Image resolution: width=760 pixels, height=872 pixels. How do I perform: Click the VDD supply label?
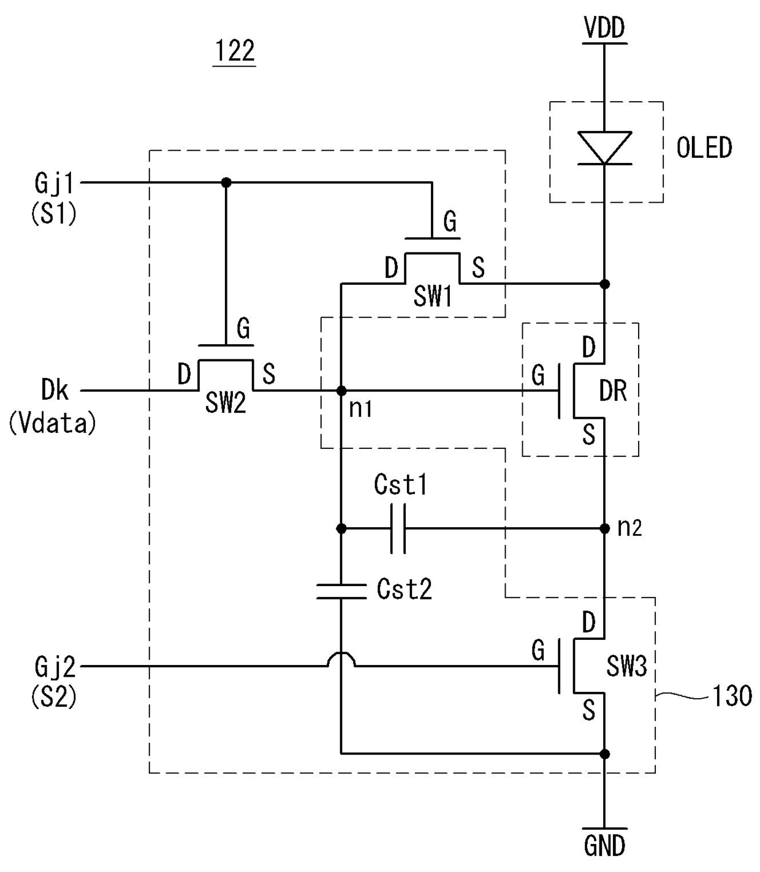pyautogui.click(x=604, y=28)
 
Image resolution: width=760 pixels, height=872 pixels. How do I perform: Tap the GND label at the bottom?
pyautogui.click(x=604, y=846)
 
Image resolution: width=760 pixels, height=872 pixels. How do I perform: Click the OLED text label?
pyautogui.click(x=704, y=148)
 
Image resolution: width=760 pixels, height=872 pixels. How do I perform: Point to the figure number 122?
pyautogui.click(x=235, y=51)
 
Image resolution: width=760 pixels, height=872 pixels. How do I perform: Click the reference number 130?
pyautogui.click(x=732, y=696)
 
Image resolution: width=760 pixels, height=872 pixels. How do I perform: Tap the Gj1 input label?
pyautogui.click(x=54, y=184)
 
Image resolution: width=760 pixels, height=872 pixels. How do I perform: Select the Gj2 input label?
pyautogui.click(x=55, y=667)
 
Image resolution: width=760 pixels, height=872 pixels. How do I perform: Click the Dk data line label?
pyautogui.click(x=55, y=389)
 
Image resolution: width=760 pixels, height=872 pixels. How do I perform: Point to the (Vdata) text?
pyautogui.click(x=52, y=424)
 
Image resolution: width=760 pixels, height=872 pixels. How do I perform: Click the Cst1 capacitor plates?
pyautogui.click(x=398, y=528)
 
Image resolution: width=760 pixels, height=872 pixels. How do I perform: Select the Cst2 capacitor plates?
pyautogui.click(x=341, y=591)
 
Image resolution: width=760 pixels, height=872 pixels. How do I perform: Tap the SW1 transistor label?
pyautogui.click(x=433, y=296)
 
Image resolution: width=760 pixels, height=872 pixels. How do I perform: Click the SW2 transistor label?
pyautogui.click(x=226, y=403)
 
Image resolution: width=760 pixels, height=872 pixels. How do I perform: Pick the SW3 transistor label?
pyautogui.click(x=626, y=667)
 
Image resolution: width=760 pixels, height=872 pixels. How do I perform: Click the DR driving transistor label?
pyautogui.click(x=613, y=391)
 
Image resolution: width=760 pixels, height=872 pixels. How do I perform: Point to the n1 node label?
pyautogui.click(x=360, y=408)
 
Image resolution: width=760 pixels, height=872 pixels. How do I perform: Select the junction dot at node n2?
pyautogui.click(x=604, y=528)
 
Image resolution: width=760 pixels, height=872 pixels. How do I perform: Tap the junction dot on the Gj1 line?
pyautogui.click(x=226, y=182)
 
